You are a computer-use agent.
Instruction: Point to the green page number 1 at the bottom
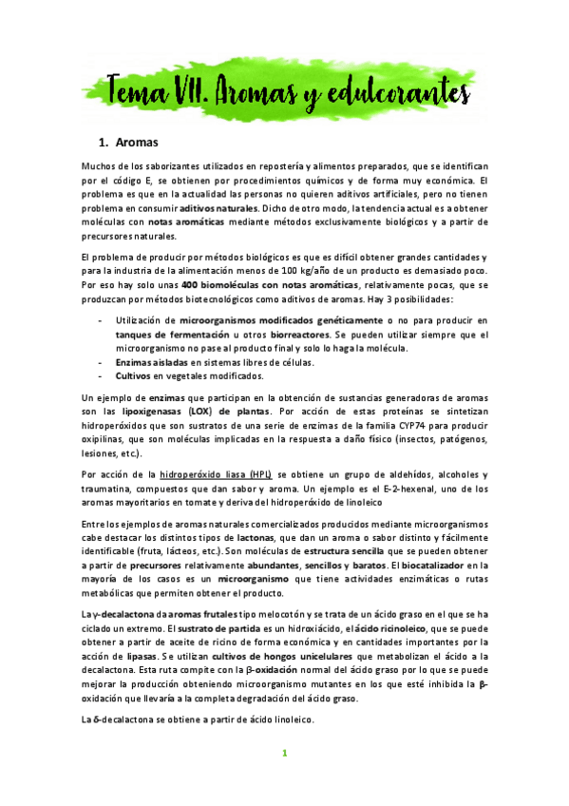pos(283,753)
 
